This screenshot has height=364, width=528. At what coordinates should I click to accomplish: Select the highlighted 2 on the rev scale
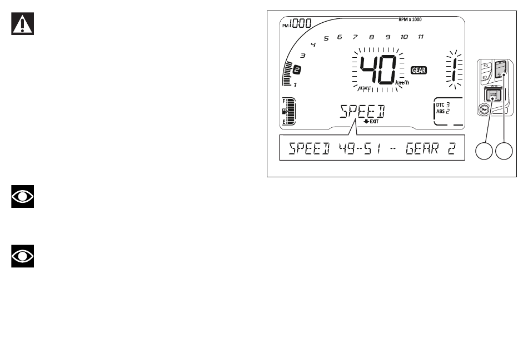pyautogui.click(x=297, y=70)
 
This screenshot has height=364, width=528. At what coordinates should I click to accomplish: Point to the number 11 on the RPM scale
pyautogui.click(x=421, y=37)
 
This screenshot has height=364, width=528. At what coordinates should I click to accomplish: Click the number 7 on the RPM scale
pyautogui.click(x=355, y=37)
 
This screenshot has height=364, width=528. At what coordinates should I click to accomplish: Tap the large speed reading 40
pyautogui.click(x=378, y=70)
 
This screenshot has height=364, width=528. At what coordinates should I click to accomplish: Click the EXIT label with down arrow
pyautogui.click(x=371, y=121)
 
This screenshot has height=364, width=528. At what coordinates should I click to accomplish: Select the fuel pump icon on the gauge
pyautogui.click(x=285, y=111)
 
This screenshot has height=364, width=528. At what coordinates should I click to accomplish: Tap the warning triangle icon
pyautogui.click(x=23, y=25)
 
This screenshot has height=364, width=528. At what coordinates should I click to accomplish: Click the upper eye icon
pyautogui.click(x=23, y=197)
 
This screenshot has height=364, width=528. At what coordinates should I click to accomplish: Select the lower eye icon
pyautogui.click(x=23, y=256)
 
